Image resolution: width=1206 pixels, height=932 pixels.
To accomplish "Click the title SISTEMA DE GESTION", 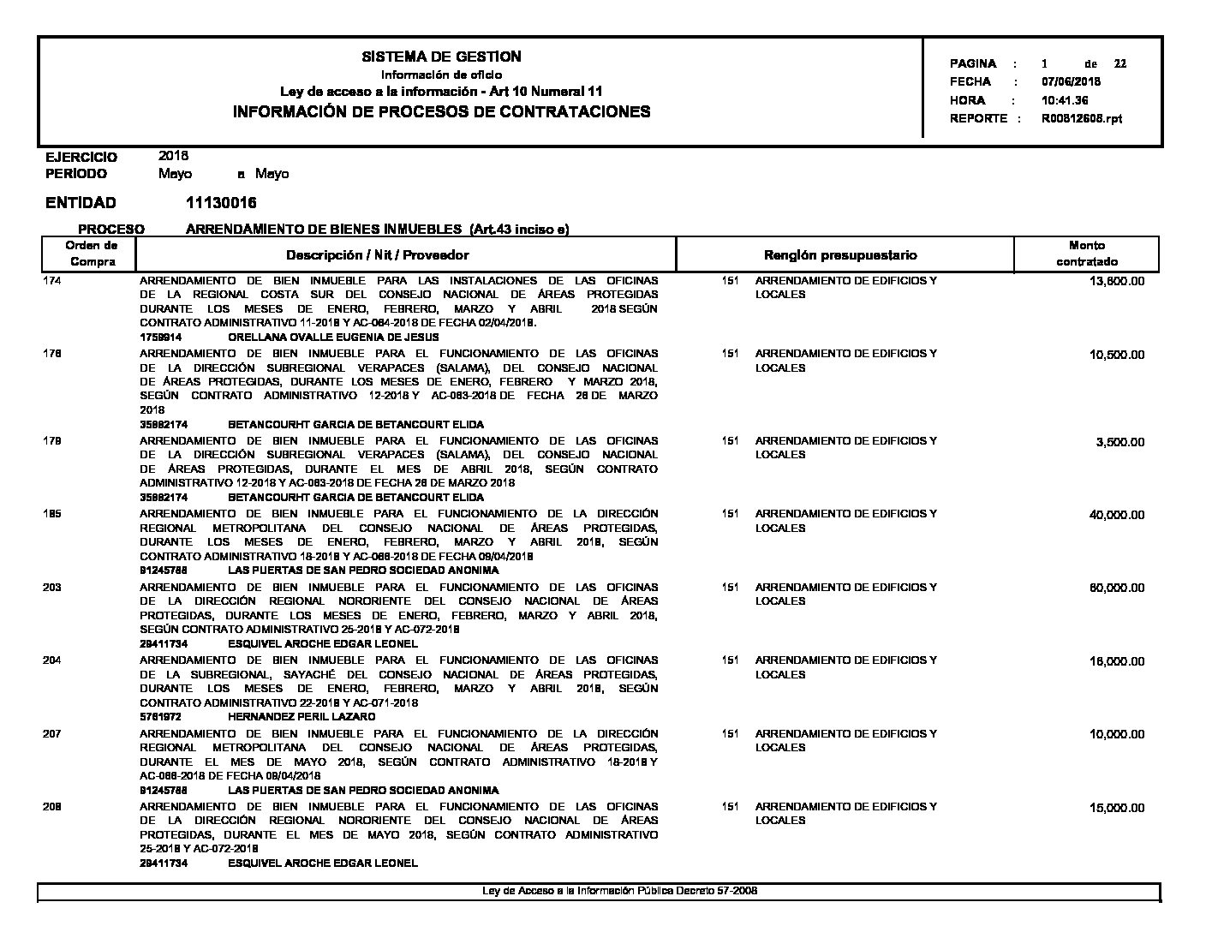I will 441,57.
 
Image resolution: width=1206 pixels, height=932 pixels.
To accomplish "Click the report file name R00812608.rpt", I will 1081,119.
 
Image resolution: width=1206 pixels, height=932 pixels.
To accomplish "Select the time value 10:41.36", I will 1065,100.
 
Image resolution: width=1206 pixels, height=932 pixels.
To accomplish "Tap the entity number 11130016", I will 220,203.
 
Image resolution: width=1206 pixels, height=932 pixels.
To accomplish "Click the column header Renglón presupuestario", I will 839,255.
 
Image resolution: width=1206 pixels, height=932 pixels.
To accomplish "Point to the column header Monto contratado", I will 1086,254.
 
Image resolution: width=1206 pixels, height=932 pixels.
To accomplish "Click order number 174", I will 52,281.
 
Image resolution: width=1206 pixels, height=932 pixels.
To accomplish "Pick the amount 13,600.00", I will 1117,282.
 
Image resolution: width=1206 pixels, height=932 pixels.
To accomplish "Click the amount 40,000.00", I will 1117,515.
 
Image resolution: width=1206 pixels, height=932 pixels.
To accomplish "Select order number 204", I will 52,660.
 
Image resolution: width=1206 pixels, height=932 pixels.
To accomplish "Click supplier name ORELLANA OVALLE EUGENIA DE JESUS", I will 333,338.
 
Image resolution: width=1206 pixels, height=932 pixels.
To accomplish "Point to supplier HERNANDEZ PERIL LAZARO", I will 301,716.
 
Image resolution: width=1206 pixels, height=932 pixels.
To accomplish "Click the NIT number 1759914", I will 160,338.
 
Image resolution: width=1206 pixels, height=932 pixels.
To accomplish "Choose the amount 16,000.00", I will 1117,661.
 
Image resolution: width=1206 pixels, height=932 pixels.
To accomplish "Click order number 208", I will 52,807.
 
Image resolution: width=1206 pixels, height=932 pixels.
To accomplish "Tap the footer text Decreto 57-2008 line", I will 620,891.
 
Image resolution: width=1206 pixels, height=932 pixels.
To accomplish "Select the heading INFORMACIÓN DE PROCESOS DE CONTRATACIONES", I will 441,111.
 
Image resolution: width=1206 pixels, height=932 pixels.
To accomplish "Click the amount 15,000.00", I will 1117,808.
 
